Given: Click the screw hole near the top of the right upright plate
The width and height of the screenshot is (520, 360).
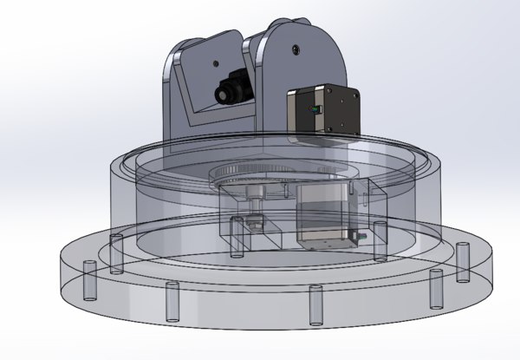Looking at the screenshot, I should click(296, 47).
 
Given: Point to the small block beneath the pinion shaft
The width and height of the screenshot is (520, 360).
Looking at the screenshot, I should click(253, 224).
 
